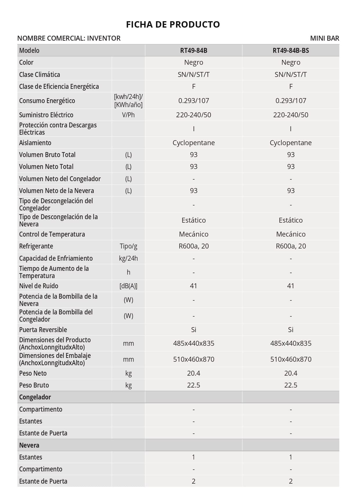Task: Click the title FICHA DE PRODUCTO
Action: pyautogui.click(x=173, y=24)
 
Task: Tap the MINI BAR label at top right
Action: pyautogui.click(x=324, y=38)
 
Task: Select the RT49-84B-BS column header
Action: pyautogui.click(x=291, y=51)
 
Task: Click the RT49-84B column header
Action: pyautogui.click(x=193, y=51)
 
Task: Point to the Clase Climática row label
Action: pyautogui.click(x=39, y=75)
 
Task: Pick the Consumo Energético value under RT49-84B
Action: pyautogui.click(x=193, y=101)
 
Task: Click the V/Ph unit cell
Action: pyautogui.click(x=128, y=115)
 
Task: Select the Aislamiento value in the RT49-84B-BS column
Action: pyautogui.click(x=291, y=143)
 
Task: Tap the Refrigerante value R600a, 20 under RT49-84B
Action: pyautogui.click(x=193, y=246)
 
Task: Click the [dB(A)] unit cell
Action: pyautogui.click(x=128, y=286)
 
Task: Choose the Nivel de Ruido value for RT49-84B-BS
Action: pyautogui.click(x=291, y=286)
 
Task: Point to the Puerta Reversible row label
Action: pyautogui.click(x=43, y=330)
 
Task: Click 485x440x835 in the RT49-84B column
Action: pyautogui.click(x=193, y=343)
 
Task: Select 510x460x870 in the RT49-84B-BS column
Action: pyautogui.click(x=291, y=359)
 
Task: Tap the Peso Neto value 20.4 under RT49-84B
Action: pyautogui.click(x=193, y=373)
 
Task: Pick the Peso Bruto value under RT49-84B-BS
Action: pyautogui.click(x=291, y=385)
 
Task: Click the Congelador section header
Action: pyautogui.click(x=35, y=397)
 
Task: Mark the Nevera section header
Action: pyautogui.click(x=29, y=445)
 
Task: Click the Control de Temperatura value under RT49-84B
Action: pyautogui.click(x=193, y=234)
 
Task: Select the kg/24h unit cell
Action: pyautogui.click(x=128, y=258)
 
